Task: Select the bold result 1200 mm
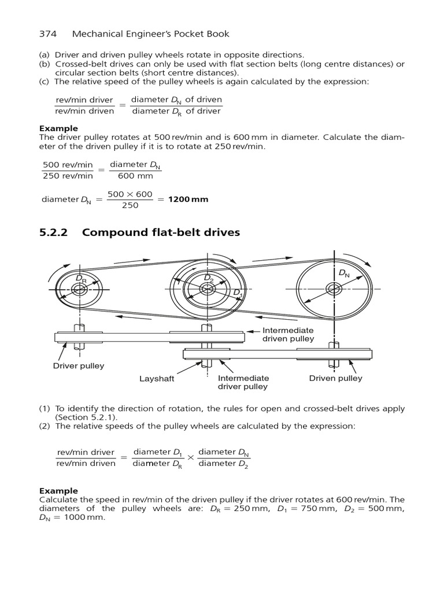(188, 199)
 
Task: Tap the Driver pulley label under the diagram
(79, 366)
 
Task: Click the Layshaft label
(157, 379)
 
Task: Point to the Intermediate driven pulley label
(288, 334)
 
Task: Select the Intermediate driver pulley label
(243, 382)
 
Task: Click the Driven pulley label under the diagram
(335, 378)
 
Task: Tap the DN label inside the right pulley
(344, 273)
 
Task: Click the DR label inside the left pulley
(81, 279)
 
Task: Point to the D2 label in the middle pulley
(209, 279)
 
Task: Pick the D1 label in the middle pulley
(238, 294)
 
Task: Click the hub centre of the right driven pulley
(334, 287)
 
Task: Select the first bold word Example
(58, 128)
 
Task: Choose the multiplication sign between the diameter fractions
(191, 457)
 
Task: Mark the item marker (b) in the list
(44, 64)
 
